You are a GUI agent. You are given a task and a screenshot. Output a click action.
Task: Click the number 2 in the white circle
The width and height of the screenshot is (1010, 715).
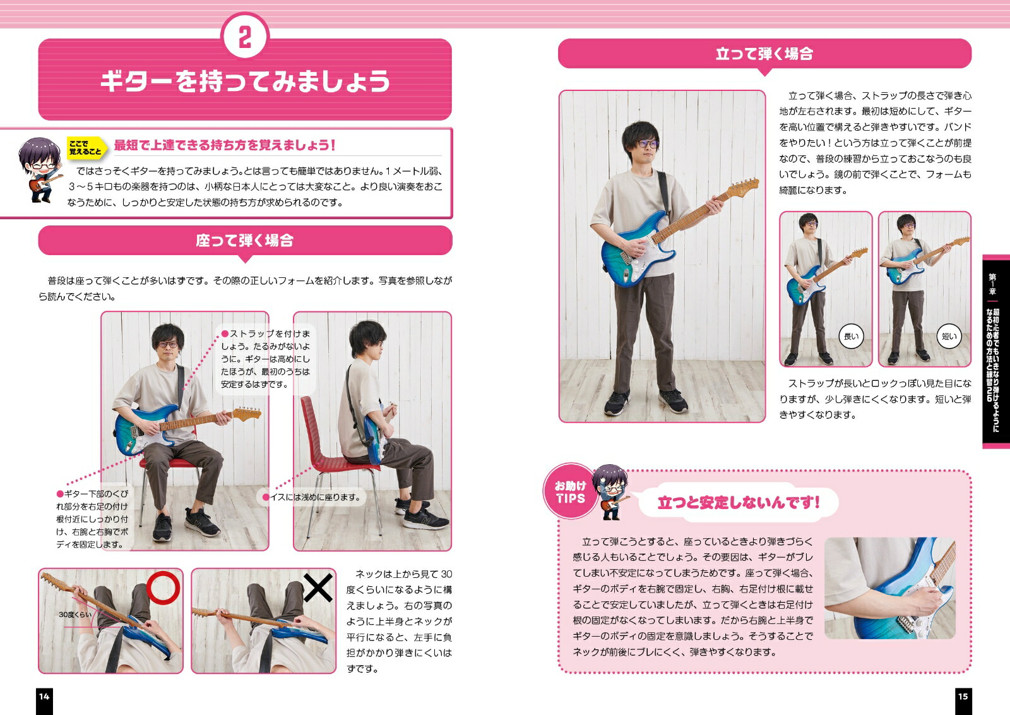[245, 37]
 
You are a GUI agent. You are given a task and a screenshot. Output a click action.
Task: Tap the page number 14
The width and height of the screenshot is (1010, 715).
[44, 697]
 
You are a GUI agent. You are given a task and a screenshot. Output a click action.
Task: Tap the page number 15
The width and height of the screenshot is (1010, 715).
[963, 697]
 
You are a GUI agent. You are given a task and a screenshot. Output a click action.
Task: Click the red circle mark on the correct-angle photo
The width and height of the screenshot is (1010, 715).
[163, 588]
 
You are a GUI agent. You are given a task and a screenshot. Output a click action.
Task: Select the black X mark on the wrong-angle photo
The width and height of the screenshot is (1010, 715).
[318, 588]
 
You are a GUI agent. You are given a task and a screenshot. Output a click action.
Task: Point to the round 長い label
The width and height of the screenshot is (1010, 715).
[851, 336]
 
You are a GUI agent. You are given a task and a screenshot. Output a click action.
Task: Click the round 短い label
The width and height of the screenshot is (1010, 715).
[949, 336]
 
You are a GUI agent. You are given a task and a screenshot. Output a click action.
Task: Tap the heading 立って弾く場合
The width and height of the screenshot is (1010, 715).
[764, 54]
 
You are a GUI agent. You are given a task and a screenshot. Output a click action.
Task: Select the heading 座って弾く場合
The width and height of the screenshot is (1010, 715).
[245, 241]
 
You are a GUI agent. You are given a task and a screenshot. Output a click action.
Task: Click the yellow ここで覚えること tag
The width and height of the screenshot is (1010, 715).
[86, 148]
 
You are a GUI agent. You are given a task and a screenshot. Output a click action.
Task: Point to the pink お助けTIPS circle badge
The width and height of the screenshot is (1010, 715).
[571, 491]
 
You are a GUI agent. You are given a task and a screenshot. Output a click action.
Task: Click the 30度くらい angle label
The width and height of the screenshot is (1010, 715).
[75, 615]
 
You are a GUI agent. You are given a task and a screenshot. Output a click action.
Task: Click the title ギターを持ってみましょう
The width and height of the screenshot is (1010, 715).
[245, 81]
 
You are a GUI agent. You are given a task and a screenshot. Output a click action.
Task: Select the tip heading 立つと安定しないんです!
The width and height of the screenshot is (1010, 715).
[739, 503]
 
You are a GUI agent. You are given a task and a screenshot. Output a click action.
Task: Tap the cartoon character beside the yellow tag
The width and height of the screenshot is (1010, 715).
[40, 169]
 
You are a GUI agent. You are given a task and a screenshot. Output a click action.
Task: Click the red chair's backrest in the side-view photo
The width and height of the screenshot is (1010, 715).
[316, 428]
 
